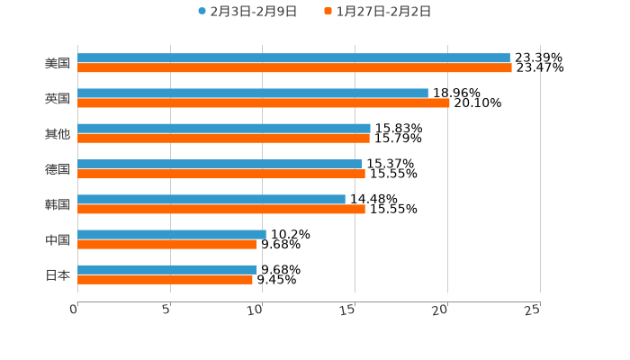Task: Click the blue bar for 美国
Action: click(x=293, y=58)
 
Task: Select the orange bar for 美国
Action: click(x=294, y=67)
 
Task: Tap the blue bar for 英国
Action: click(x=253, y=93)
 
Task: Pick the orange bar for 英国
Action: click(x=264, y=103)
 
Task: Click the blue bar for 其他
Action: click(x=224, y=128)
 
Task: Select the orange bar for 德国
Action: click(x=221, y=174)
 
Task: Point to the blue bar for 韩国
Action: click(x=211, y=199)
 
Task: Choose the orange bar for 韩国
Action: click(x=221, y=209)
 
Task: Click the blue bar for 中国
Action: click(x=172, y=234)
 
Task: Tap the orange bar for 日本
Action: click(x=165, y=279)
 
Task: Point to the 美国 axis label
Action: click(x=58, y=63)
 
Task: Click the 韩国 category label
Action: click(x=58, y=204)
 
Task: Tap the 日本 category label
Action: click(x=58, y=274)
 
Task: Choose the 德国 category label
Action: click(x=58, y=169)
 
